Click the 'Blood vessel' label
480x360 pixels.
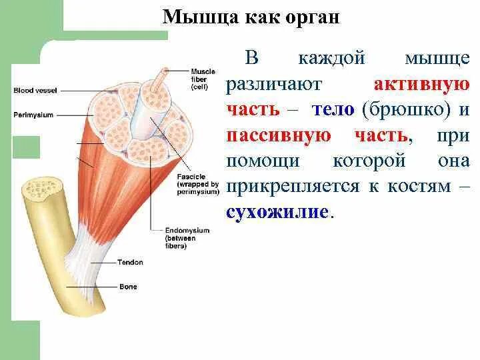coord(33,89)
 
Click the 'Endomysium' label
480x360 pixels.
coord(187,230)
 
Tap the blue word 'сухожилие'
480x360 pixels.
coord(277,212)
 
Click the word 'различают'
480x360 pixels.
coord(274,85)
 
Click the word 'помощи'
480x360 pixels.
coord(259,161)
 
